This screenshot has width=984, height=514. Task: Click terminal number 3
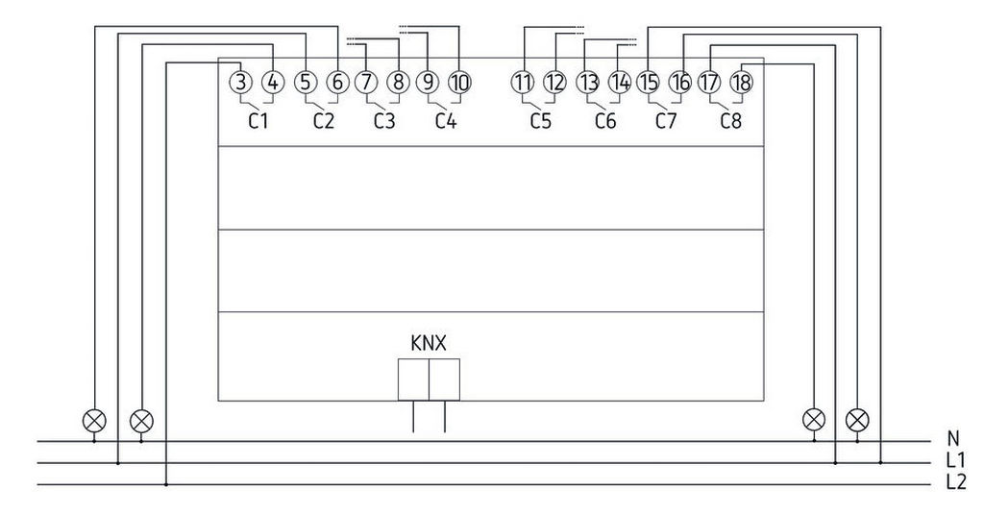pyautogui.click(x=241, y=83)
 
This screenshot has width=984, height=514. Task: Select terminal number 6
pyautogui.click(x=336, y=83)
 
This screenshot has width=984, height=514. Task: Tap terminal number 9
pyautogui.click(x=428, y=83)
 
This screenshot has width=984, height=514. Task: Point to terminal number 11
pyautogui.click(x=522, y=83)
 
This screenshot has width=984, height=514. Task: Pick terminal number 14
pyautogui.click(x=621, y=83)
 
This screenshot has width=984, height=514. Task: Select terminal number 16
pyautogui.click(x=680, y=83)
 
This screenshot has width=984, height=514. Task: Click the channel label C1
pyautogui.click(x=258, y=121)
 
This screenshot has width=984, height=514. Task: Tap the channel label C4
pyautogui.click(x=445, y=121)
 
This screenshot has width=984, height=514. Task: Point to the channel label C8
pyautogui.click(x=731, y=121)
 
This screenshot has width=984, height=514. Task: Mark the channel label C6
pyautogui.click(x=605, y=121)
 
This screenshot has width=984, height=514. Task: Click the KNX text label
pyautogui.click(x=429, y=342)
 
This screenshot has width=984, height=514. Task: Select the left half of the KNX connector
pyautogui.click(x=413, y=379)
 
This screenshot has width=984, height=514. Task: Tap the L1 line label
pyautogui.click(x=955, y=461)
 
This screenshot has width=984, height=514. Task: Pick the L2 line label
pyautogui.click(x=955, y=481)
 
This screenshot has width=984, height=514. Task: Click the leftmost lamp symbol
pyautogui.click(x=94, y=420)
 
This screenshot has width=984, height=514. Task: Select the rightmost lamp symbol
pyautogui.click(x=857, y=420)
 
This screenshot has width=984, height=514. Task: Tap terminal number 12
pyautogui.click(x=554, y=83)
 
